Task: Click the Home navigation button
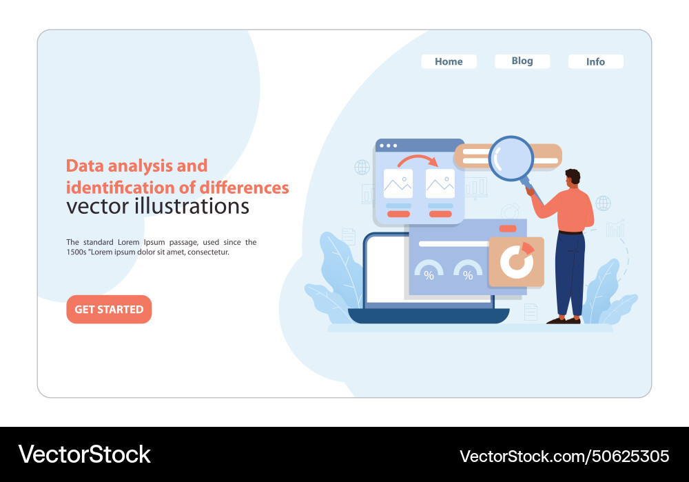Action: (x=449, y=61)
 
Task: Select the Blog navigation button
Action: (x=522, y=61)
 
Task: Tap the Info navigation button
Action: (x=595, y=61)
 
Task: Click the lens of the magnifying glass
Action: (x=511, y=159)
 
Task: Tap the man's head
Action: (x=573, y=179)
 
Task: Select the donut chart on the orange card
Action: (x=514, y=261)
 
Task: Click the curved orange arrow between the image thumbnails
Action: (x=418, y=163)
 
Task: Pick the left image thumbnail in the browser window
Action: (x=398, y=183)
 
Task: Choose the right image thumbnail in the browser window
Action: (x=440, y=183)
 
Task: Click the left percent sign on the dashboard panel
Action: (x=429, y=275)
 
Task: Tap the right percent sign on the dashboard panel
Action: (x=468, y=275)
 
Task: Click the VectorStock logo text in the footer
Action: (x=85, y=454)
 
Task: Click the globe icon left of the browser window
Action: (x=362, y=167)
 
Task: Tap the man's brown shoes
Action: (x=564, y=320)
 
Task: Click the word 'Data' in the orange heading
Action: (x=82, y=166)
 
